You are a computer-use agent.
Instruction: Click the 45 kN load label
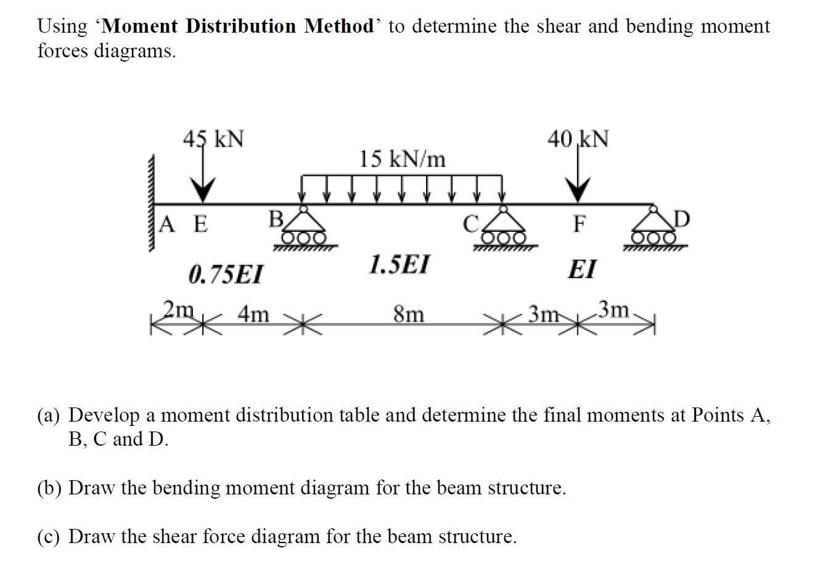pyautogui.click(x=213, y=139)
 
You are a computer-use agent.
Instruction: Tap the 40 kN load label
pyautogui.click(x=578, y=139)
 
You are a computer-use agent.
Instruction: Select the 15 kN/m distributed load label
pyautogui.click(x=402, y=159)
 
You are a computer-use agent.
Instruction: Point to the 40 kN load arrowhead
pyautogui.click(x=578, y=191)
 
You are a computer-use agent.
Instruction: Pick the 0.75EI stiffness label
pyautogui.click(x=225, y=274)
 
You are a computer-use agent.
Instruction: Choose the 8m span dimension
pyautogui.click(x=409, y=315)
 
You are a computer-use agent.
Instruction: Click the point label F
pyautogui.click(x=579, y=224)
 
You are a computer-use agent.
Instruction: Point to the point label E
pyautogui.click(x=200, y=224)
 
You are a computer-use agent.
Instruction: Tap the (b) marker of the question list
pyautogui.click(x=49, y=488)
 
